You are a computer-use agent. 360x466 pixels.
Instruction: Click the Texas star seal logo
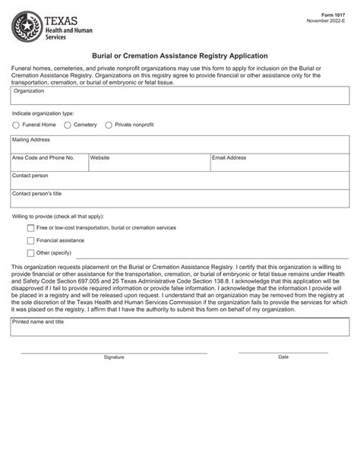click(27, 29)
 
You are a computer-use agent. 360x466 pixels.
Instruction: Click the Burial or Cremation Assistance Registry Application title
click(179, 55)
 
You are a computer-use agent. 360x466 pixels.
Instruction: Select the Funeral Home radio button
click(16, 125)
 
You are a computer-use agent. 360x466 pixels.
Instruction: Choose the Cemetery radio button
click(68, 125)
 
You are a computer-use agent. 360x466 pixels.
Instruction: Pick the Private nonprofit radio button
click(109, 125)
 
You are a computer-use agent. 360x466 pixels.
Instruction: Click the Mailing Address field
click(180, 145)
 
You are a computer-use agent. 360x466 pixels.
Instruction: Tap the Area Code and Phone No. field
click(49, 164)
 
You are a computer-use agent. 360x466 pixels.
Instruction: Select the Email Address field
click(279, 164)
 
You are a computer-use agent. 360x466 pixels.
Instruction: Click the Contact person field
click(180, 182)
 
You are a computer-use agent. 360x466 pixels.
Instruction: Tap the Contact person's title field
click(180, 199)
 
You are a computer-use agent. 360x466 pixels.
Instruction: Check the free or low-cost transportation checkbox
click(30, 228)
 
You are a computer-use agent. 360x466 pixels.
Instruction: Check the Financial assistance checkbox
click(30, 240)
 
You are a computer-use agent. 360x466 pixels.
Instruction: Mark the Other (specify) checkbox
click(30, 253)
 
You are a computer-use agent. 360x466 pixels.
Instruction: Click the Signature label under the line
click(114, 357)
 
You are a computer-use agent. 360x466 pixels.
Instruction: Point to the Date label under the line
click(283, 357)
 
